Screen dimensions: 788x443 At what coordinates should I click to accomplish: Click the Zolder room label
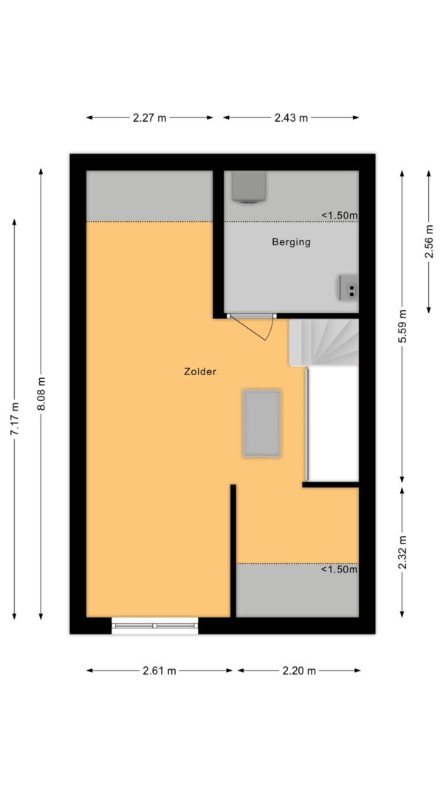pos(200,372)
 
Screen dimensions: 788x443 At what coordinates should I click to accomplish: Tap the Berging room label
pos(291,241)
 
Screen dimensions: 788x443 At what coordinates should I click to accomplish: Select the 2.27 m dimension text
pos(150,117)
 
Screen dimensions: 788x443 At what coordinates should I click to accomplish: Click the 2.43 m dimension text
pos(291,117)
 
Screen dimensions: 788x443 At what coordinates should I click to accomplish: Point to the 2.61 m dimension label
pos(159,671)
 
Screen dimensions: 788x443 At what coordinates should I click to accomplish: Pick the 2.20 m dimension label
pos(299,671)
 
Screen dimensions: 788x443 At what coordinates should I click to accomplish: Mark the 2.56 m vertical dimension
pos(429,241)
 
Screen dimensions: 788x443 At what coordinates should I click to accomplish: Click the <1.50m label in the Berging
pos(339,216)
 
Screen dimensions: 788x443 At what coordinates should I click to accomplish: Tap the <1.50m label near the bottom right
pos(339,569)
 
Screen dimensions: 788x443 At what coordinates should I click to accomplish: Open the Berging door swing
pos(260,327)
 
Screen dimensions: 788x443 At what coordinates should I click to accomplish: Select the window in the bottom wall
pos(155,626)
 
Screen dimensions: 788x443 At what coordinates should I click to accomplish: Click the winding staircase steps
pos(325,343)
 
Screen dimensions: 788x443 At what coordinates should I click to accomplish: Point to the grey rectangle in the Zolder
pos(262,423)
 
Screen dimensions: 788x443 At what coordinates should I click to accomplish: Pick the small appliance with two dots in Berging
pos(348,287)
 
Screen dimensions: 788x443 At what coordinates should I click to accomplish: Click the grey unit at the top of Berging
pos(247,186)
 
